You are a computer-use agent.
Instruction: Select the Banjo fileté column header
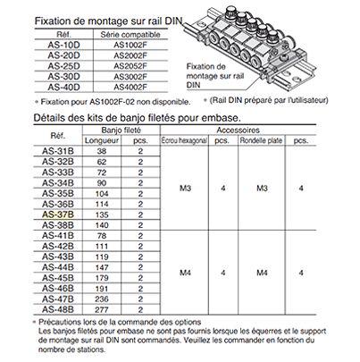point(116,129)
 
